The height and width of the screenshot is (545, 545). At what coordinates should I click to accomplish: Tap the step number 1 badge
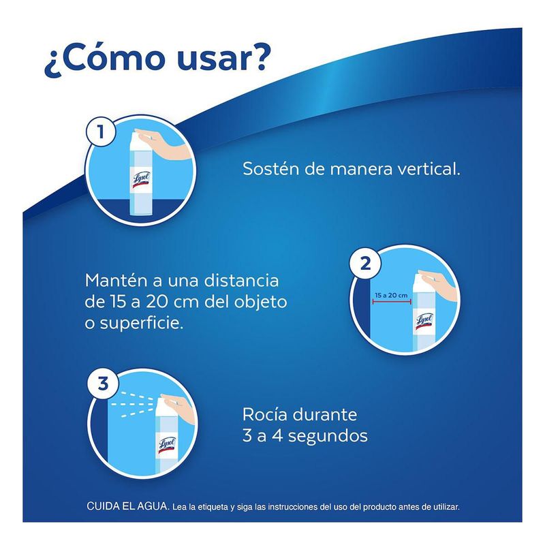pyautogui.click(x=101, y=132)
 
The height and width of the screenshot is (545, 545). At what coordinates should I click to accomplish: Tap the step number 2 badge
pyautogui.click(x=365, y=264)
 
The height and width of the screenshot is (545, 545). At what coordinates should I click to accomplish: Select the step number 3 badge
pyautogui.click(x=104, y=384)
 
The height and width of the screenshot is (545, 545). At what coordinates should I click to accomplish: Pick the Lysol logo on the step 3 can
pyautogui.click(x=167, y=445)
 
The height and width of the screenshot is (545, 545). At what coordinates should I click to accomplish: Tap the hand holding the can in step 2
pyautogui.click(x=438, y=284)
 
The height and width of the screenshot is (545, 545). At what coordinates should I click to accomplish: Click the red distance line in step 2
pyautogui.click(x=392, y=302)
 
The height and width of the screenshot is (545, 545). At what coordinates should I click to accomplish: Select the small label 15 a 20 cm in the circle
pyautogui.click(x=391, y=295)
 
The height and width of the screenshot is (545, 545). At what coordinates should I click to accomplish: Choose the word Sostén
pyautogui.click(x=270, y=169)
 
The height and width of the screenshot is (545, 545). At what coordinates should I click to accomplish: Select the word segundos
pyautogui.click(x=328, y=437)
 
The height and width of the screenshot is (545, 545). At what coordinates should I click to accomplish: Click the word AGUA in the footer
pyautogui.click(x=152, y=505)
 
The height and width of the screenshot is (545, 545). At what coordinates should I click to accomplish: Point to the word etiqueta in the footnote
pyautogui.click(x=213, y=507)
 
